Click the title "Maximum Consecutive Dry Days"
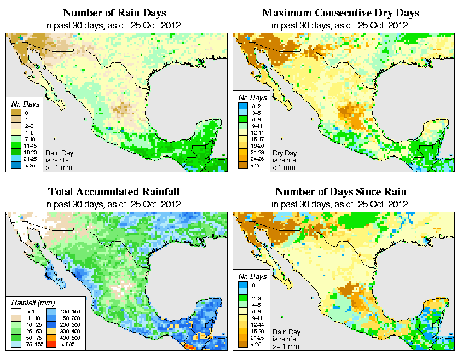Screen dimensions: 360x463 point(341,13)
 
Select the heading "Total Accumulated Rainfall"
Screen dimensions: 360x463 point(114,191)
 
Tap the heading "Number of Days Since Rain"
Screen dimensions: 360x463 point(340,191)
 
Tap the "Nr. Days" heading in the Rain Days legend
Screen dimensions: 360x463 point(22,104)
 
